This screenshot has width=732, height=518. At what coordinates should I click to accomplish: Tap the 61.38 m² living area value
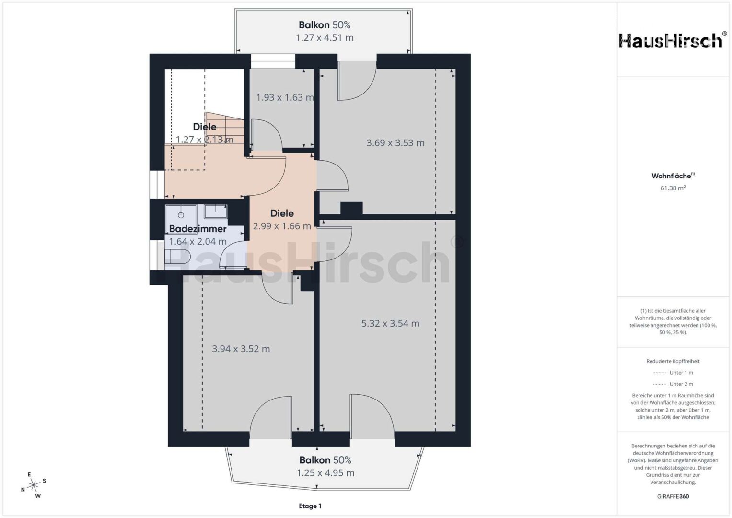click(x=673, y=188)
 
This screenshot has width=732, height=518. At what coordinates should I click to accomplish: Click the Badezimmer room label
click(x=198, y=229)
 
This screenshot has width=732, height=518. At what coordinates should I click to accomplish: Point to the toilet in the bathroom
click(x=177, y=257)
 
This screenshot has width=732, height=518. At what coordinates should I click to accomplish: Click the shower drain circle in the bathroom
click(x=181, y=215)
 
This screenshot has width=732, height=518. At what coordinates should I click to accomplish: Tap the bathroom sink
click(x=216, y=212)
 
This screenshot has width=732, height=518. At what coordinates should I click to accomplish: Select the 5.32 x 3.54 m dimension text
click(x=390, y=323)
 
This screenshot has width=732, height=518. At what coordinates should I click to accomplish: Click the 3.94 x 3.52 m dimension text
click(x=241, y=349)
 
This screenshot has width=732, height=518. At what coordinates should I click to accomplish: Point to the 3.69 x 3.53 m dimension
click(x=395, y=143)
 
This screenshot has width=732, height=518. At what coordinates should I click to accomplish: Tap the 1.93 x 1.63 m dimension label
click(x=285, y=97)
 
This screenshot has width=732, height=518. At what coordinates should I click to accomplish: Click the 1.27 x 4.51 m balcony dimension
click(x=325, y=37)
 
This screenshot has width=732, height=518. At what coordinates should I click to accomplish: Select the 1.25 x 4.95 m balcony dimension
click(x=325, y=473)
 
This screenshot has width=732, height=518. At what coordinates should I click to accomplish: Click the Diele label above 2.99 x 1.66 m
click(x=282, y=213)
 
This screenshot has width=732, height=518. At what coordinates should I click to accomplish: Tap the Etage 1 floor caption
click(x=310, y=506)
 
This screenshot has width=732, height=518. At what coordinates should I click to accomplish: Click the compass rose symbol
click(x=34, y=484)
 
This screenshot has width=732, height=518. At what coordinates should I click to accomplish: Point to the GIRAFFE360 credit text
click(x=673, y=496)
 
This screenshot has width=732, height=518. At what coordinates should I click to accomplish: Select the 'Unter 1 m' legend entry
click(x=673, y=373)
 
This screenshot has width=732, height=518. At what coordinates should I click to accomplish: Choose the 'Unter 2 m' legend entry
click(x=673, y=384)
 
